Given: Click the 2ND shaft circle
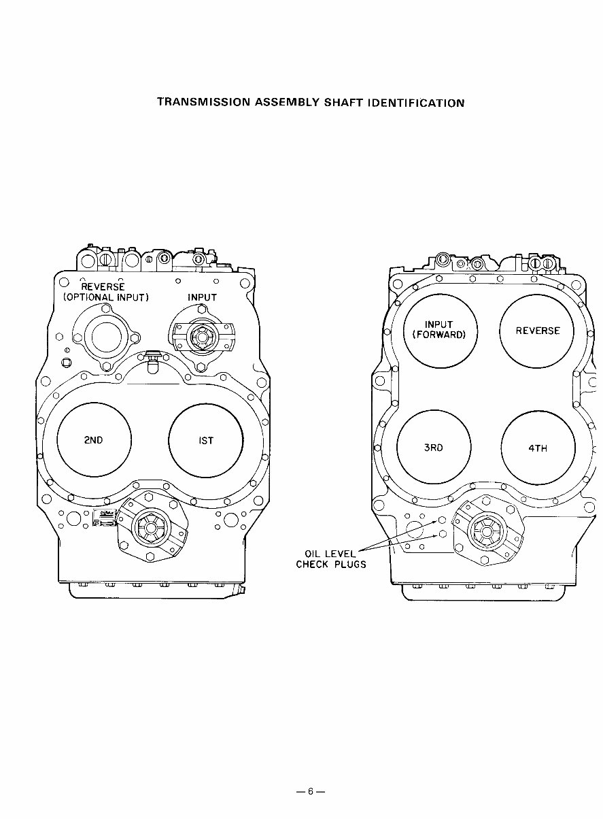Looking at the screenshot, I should pyautogui.click(x=93, y=440).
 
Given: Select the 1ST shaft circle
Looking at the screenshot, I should pyautogui.click(x=205, y=440).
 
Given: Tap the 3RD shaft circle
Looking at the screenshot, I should pyautogui.click(x=433, y=447).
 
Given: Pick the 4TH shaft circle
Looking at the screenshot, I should pyautogui.click(x=537, y=448).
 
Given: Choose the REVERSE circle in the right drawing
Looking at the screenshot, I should pyautogui.click(x=537, y=331).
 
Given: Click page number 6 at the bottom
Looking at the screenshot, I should pyautogui.click(x=310, y=791).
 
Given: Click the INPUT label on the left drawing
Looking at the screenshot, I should pyautogui.click(x=202, y=297).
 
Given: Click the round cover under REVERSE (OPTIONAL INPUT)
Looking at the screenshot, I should pyautogui.click(x=107, y=337).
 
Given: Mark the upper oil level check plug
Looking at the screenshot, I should pyautogui.click(x=442, y=520).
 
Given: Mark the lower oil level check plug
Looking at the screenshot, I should pyautogui.click(x=442, y=534).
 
